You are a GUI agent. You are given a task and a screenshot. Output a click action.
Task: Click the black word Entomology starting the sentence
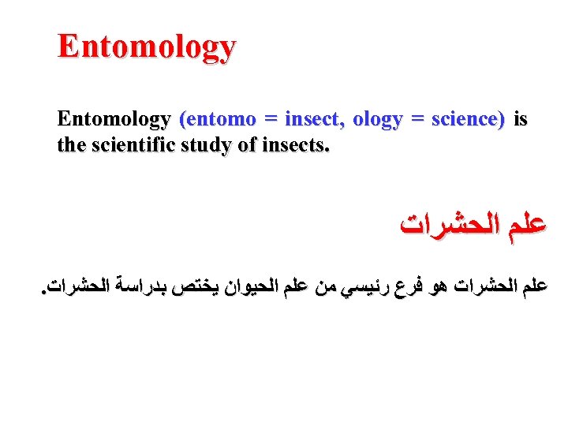(x=114, y=120)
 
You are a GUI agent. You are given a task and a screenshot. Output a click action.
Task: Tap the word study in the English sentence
(x=215, y=145)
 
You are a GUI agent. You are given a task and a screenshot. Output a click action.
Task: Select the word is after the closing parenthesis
(x=521, y=120)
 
